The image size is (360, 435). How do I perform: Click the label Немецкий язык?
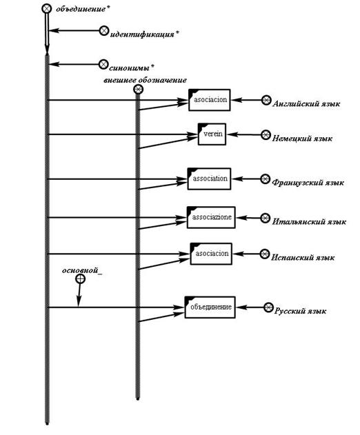[x=302, y=139]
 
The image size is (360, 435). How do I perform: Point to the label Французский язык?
[x=308, y=183]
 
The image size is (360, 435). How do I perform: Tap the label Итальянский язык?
[x=309, y=222]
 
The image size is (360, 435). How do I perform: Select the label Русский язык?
[x=300, y=311]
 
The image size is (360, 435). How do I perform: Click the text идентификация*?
[x=144, y=34]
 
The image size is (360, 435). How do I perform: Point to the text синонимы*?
[x=132, y=68]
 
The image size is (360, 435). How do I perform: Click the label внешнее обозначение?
[x=145, y=81]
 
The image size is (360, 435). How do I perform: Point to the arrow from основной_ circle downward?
[x=79, y=295]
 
